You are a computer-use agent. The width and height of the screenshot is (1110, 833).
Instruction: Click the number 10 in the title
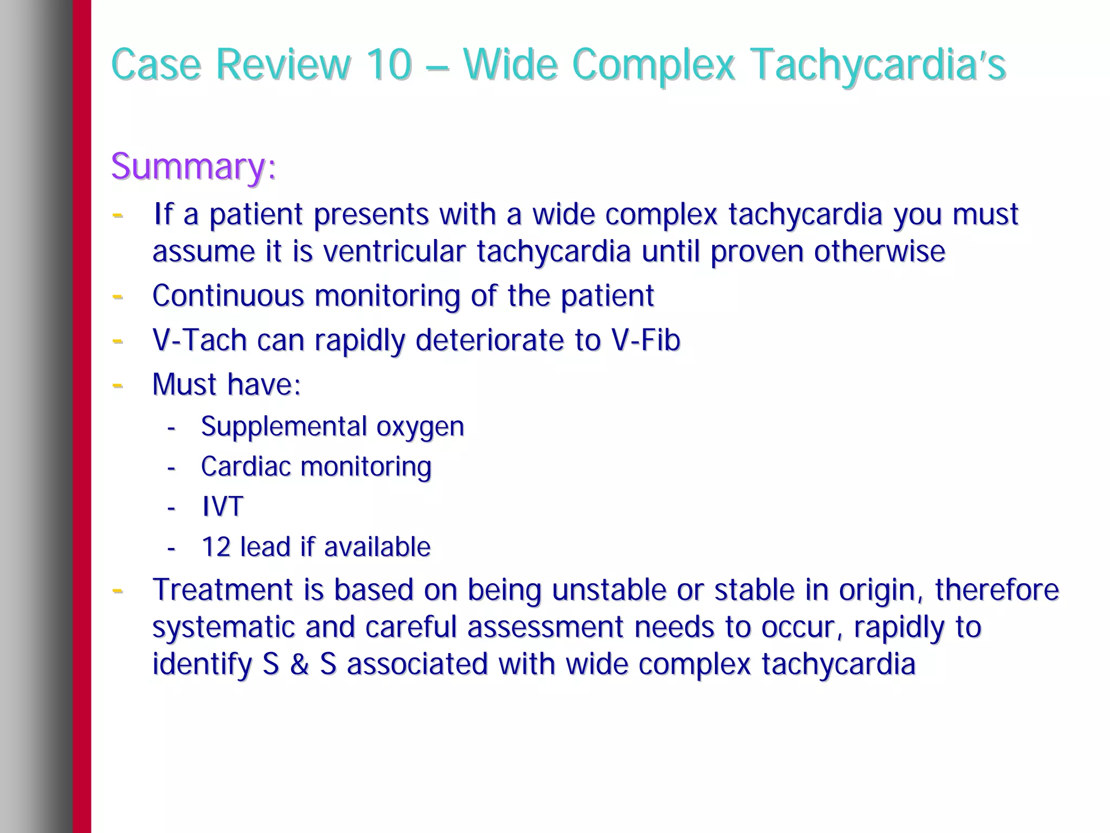pyautogui.click(x=389, y=64)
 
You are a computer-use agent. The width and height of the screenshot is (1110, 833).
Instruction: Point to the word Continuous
pyautogui.click(x=228, y=296)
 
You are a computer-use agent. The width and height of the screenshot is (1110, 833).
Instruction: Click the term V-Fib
pyautogui.click(x=645, y=340)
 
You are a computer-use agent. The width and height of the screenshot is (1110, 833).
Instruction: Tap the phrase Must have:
pyautogui.click(x=226, y=385)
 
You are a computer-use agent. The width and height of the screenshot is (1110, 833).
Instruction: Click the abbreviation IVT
pyautogui.click(x=222, y=507)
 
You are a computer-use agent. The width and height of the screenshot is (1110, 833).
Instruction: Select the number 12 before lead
pyautogui.click(x=216, y=547)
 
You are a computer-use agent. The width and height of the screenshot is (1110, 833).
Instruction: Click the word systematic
pyautogui.click(x=223, y=627)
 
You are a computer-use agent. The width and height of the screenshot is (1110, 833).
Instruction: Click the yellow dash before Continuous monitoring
pyautogui.click(x=117, y=296)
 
